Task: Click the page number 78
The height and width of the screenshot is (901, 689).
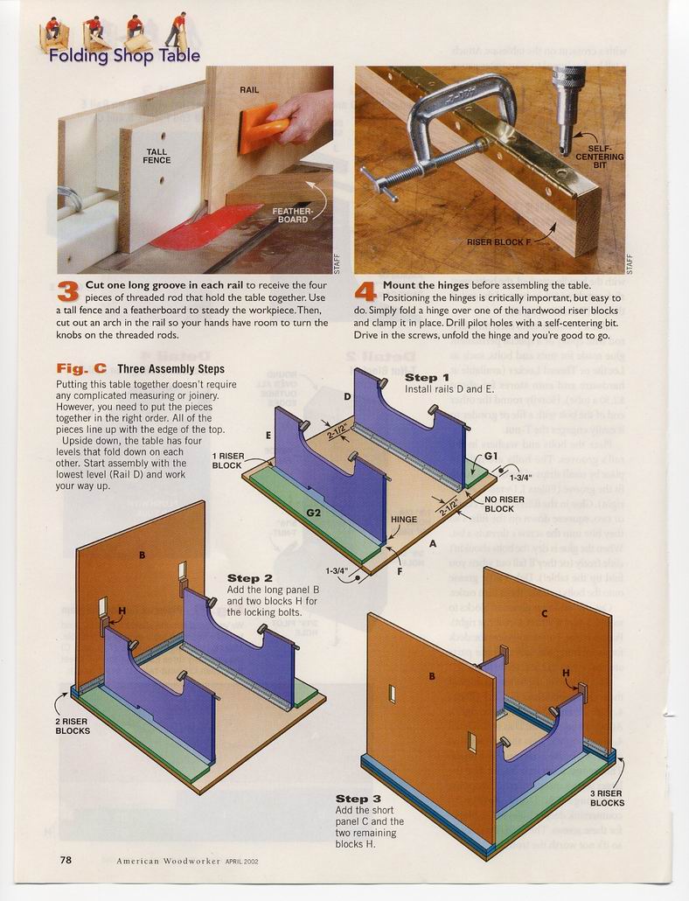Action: click(66, 860)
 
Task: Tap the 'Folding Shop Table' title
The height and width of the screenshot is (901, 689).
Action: click(124, 56)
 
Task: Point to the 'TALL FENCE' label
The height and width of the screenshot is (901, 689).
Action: click(157, 156)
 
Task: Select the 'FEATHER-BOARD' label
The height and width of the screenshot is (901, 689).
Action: click(292, 215)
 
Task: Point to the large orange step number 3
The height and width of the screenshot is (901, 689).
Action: click(67, 292)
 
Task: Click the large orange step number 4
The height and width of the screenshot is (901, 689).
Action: click(365, 292)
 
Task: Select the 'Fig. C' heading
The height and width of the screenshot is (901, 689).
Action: click(81, 369)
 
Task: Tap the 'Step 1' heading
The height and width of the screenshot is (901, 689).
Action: click(427, 378)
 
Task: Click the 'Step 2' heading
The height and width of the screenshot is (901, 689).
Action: click(250, 578)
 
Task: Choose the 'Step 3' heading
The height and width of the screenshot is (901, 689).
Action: click(358, 799)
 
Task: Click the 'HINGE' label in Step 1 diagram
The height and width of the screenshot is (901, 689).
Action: click(404, 519)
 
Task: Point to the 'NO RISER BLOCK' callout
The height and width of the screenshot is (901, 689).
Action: click(504, 504)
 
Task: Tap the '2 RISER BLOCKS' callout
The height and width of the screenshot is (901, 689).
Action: click(73, 726)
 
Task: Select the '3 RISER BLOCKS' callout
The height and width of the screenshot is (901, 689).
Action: click(607, 798)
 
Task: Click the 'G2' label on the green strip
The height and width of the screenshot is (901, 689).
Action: click(314, 512)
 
